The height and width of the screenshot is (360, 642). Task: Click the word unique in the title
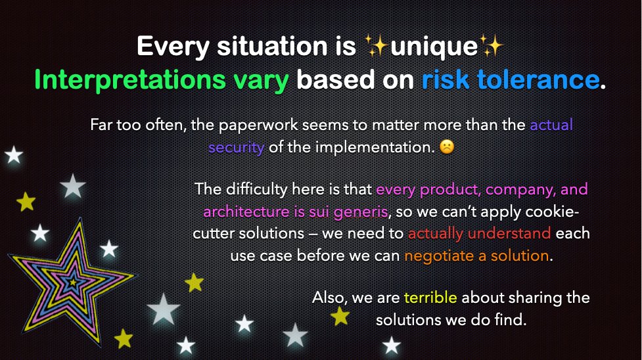pos(434,47)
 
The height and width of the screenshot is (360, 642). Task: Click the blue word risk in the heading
pos(446,80)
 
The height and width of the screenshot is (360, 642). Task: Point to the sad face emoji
pos(447,148)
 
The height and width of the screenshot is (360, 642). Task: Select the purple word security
pos(236,147)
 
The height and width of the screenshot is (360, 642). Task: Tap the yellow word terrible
pos(430,298)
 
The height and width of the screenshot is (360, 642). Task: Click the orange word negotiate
pos(440,256)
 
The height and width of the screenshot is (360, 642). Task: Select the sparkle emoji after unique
pos(490,47)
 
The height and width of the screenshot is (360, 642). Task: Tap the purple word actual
pos(551,125)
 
